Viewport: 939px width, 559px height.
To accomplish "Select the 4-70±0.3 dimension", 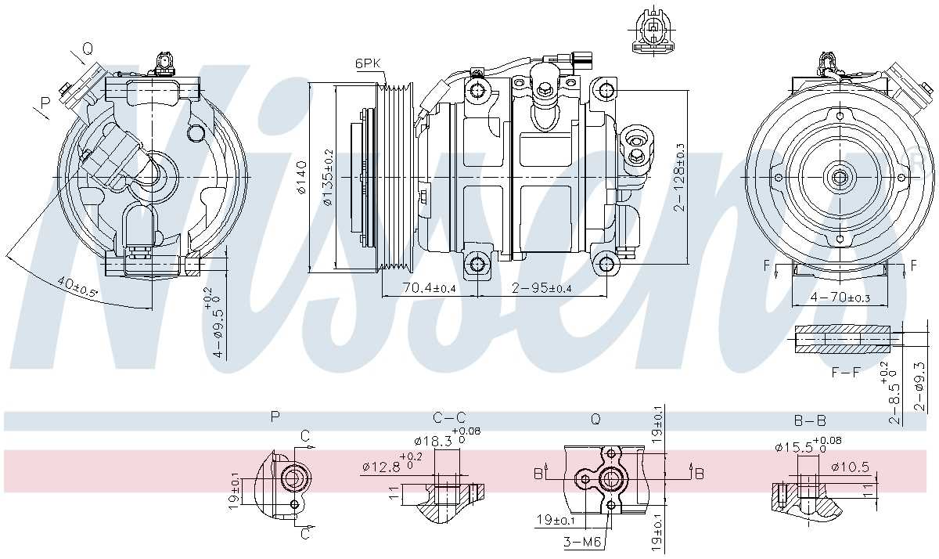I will pyautogui.click(x=840, y=298).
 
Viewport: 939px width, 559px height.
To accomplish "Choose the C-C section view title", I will pyautogui.click(x=449, y=418).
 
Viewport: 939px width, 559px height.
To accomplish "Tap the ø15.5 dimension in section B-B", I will pyautogui.click(x=793, y=447).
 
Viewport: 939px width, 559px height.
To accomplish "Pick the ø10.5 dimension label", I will pyautogui.click(x=850, y=467).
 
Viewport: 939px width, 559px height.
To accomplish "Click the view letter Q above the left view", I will pyautogui.click(x=87, y=49).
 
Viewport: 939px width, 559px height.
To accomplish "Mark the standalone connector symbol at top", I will pyautogui.click(x=651, y=31).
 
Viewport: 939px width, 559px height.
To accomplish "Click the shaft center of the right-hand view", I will pyautogui.click(x=840, y=178).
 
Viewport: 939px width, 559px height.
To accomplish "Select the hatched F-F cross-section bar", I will pyautogui.click(x=844, y=339).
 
